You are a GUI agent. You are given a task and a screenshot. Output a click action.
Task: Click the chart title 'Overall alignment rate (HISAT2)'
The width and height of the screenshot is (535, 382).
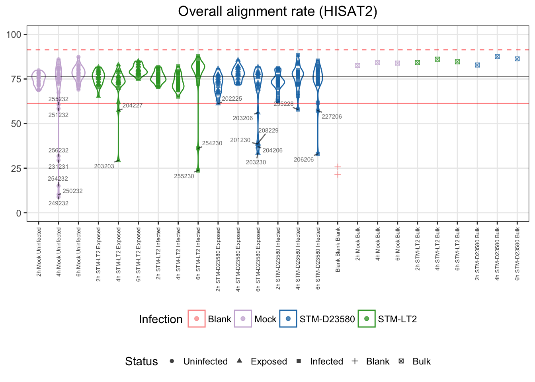[277, 12]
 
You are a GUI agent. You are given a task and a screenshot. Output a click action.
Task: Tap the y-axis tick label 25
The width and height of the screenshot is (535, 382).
[16, 168]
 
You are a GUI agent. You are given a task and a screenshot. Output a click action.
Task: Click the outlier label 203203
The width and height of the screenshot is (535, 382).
[104, 166]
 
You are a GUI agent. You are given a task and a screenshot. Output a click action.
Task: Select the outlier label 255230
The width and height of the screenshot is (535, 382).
[184, 176]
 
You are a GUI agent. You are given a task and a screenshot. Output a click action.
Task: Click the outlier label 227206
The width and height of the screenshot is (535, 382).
[332, 117]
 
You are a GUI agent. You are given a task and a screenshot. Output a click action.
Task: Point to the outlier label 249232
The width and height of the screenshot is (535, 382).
[59, 203]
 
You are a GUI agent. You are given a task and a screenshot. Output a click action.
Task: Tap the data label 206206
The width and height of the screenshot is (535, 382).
[304, 160]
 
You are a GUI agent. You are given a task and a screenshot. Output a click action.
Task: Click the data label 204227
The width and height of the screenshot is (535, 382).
[133, 105]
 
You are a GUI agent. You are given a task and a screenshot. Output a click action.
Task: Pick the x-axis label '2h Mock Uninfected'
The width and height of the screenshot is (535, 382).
[39, 252]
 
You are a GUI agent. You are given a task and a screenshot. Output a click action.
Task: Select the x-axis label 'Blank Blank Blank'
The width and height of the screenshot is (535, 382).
[338, 250]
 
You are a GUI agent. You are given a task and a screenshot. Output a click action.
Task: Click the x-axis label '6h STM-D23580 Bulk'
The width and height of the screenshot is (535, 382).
[517, 254]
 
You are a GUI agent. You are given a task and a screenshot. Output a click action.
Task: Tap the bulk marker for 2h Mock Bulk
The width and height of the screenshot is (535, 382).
[357, 66]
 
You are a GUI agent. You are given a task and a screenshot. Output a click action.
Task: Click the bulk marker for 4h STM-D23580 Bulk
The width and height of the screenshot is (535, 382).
[497, 57]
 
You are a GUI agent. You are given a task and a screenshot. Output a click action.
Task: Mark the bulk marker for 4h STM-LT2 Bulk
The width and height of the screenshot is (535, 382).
[437, 59]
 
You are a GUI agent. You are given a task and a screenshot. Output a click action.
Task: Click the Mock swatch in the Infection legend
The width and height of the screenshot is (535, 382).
[243, 319]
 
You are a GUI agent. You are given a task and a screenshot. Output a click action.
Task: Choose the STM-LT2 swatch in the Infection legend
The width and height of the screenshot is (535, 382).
[367, 319]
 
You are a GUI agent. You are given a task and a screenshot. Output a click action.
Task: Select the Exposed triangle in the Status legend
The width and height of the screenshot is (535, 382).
[239, 361]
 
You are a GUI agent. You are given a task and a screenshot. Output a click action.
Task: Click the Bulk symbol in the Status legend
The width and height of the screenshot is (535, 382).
[401, 361]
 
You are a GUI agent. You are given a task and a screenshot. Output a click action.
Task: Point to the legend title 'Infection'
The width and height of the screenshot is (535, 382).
[160, 319]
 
